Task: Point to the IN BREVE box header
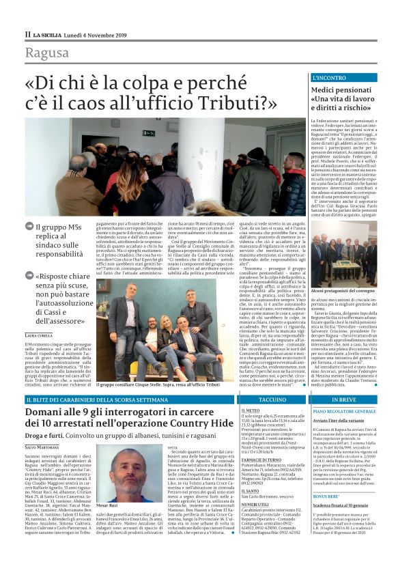(346, 398)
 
